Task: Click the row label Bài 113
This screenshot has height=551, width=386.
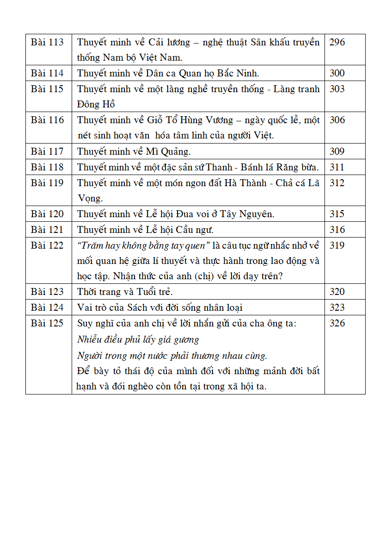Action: [47, 42]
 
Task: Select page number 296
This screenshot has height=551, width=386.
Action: [337, 42]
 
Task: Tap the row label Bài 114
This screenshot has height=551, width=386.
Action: [47, 73]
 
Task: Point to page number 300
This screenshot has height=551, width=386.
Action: [337, 73]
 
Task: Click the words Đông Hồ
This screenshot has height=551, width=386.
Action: [96, 104]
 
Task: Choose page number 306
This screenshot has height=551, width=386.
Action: [337, 120]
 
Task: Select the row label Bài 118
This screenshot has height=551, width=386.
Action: [47, 167]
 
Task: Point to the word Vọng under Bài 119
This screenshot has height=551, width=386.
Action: [89, 198]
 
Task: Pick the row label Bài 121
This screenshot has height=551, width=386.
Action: [47, 230]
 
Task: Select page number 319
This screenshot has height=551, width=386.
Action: [337, 245]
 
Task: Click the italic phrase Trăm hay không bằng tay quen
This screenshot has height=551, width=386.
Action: [144, 245]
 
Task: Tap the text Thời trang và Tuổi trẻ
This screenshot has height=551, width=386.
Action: [125, 292]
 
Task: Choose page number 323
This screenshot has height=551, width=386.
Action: [337, 307]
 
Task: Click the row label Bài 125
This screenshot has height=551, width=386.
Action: [47, 323]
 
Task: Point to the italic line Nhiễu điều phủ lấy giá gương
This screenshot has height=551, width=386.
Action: [138, 339]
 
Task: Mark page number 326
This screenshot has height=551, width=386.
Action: [337, 323]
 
